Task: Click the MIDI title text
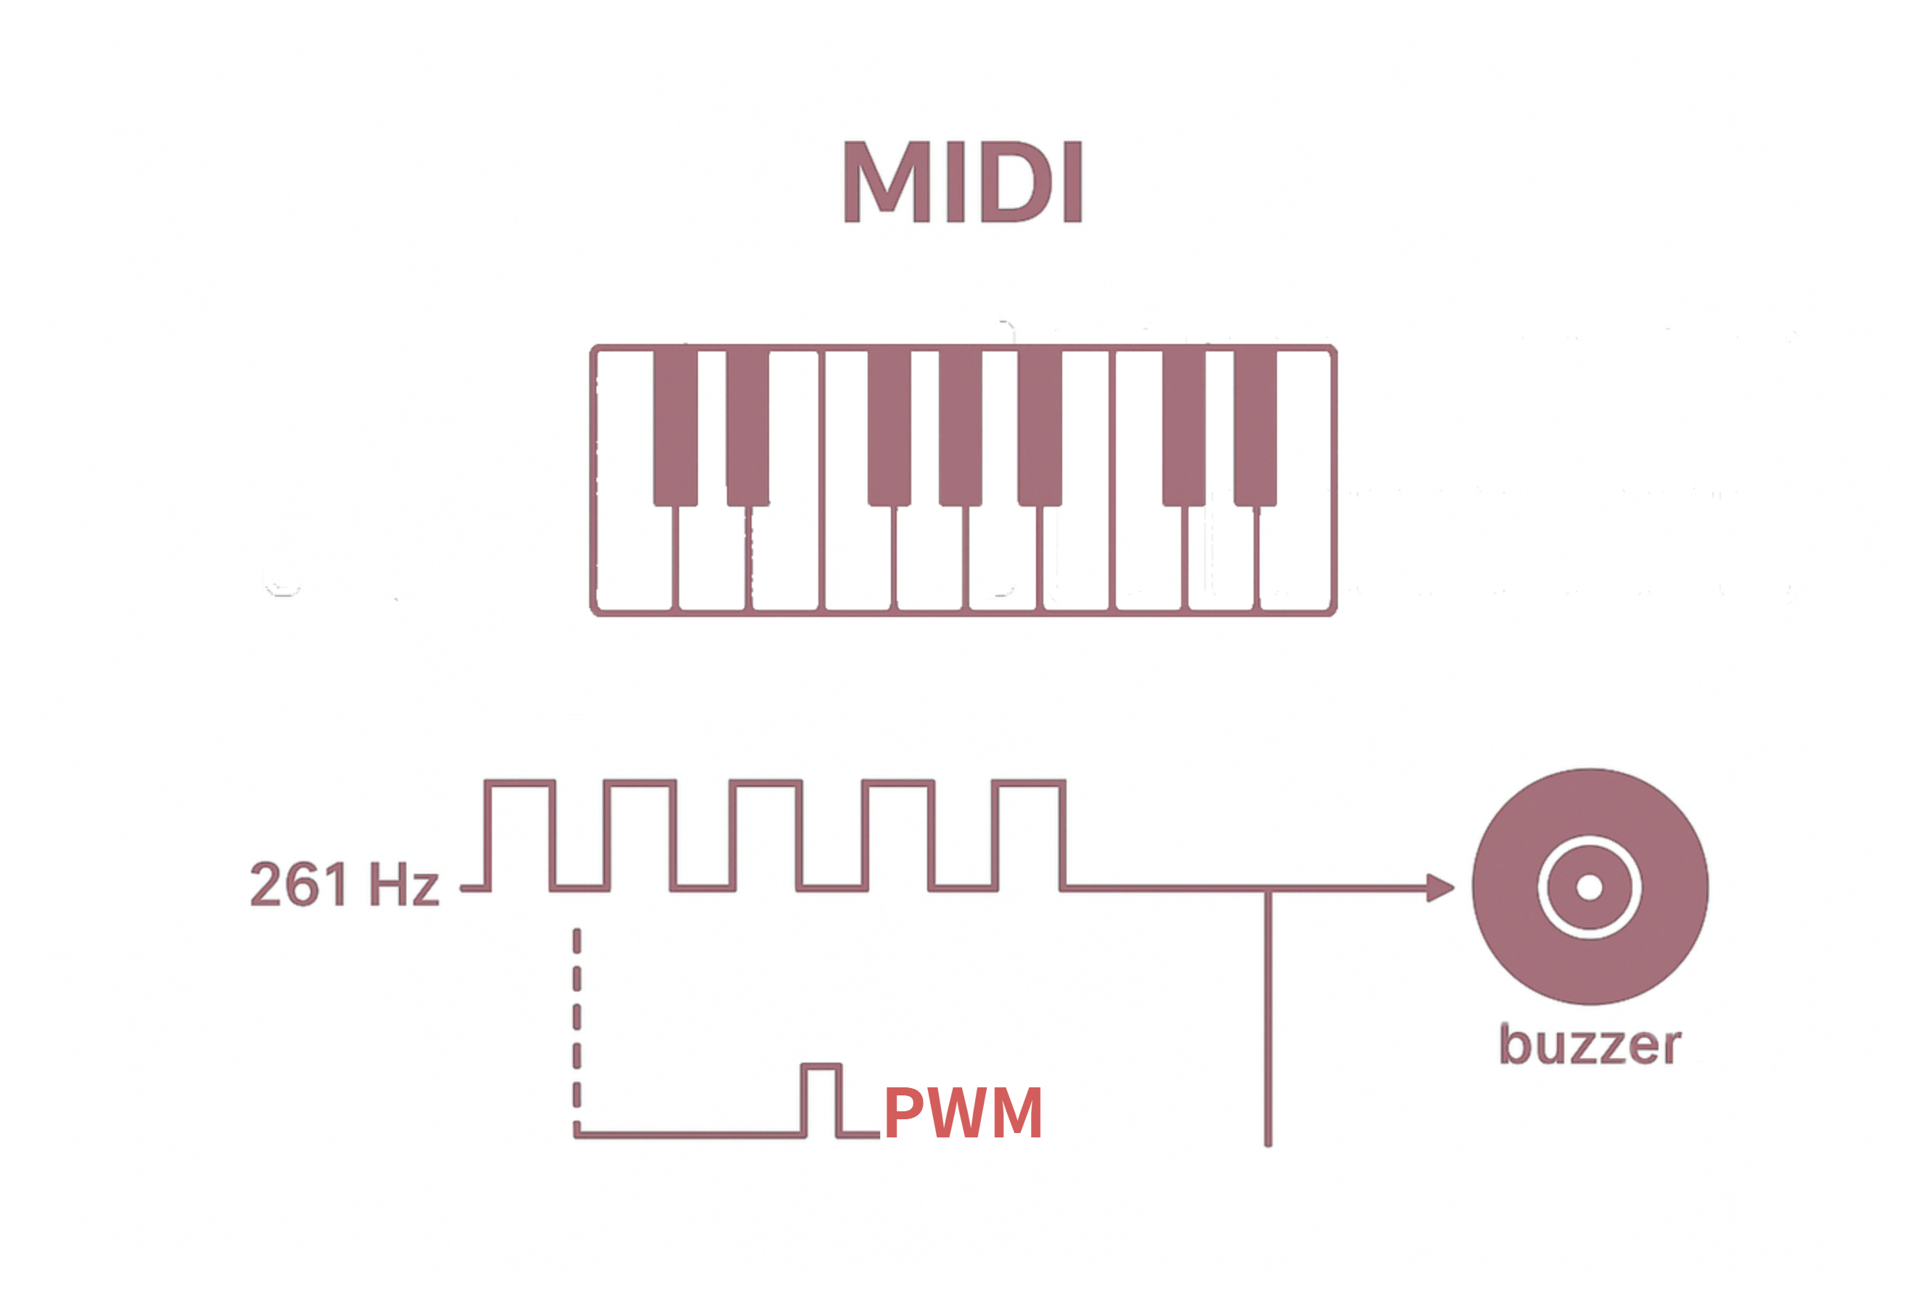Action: [963, 181]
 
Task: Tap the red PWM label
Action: [963, 1113]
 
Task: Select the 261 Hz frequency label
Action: [344, 884]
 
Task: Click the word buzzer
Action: [1590, 1045]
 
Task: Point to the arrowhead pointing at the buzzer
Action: [1440, 888]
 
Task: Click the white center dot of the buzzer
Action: [1590, 888]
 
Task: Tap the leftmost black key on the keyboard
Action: [675, 426]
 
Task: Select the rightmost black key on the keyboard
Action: [1255, 426]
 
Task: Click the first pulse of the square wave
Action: [520, 833]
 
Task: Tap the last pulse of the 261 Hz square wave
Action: [1028, 833]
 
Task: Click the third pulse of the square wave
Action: [765, 833]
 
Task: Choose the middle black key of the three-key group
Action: [960, 426]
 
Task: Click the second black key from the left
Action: [747, 426]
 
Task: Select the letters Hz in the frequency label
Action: [404, 884]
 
